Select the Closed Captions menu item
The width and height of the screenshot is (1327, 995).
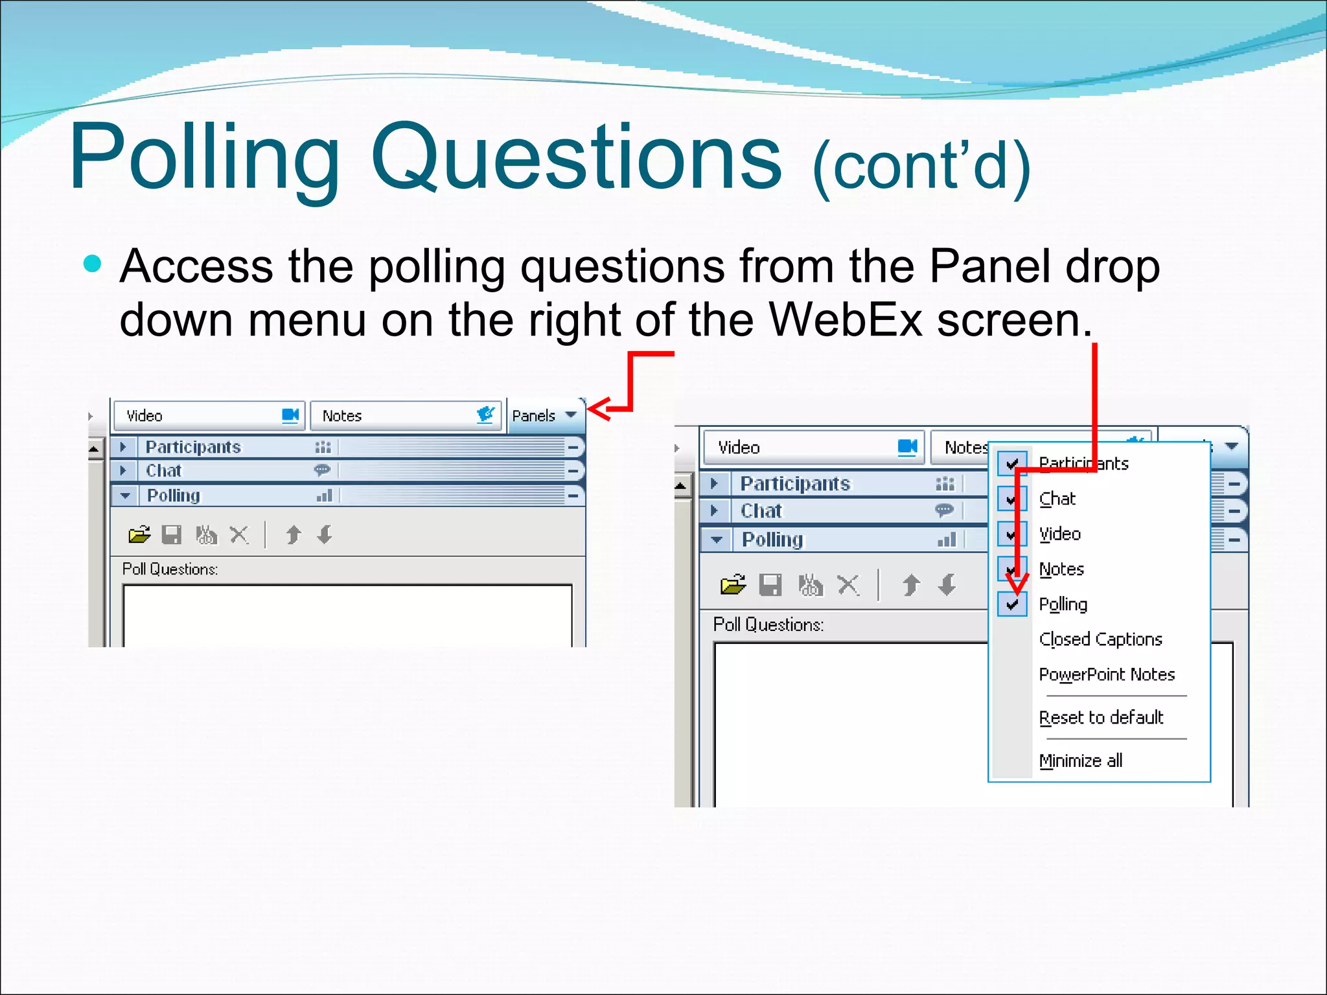click(x=1100, y=639)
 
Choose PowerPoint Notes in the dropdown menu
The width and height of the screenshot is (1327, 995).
click(x=1106, y=674)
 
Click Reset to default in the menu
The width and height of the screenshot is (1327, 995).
click(x=1101, y=718)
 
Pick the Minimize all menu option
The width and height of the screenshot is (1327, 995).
click(x=1080, y=761)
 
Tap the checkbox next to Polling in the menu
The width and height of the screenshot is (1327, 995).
click(x=1012, y=604)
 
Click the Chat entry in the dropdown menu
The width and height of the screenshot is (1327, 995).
click(x=1057, y=499)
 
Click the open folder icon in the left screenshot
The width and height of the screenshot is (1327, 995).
click(x=139, y=534)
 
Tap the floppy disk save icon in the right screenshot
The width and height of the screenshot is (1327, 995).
click(x=770, y=585)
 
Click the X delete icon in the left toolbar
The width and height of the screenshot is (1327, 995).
click(x=239, y=534)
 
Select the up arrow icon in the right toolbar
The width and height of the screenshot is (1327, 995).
click(x=910, y=585)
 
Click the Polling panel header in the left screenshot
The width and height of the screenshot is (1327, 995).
click(x=174, y=496)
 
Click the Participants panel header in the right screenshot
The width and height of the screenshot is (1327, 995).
click(x=795, y=484)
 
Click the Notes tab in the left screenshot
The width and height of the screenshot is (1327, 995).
click(x=341, y=416)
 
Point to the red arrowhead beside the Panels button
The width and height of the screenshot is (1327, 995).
click(x=597, y=409)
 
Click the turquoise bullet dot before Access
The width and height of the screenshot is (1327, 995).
click(x=93, y=264)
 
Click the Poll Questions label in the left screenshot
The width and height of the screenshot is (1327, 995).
click(x=170, y=569)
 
